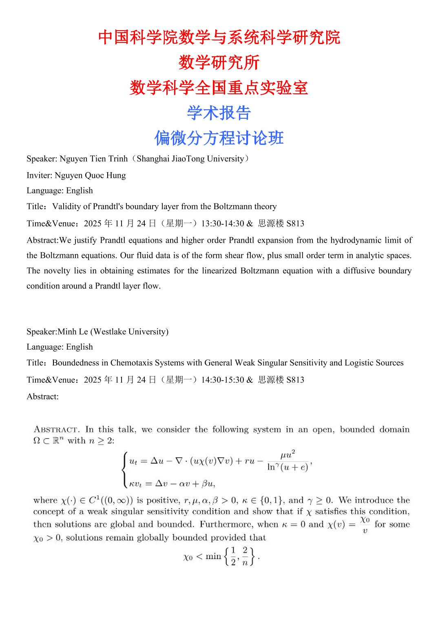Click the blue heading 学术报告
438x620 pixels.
coord(219,113)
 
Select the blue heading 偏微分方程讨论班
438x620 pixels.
coord(219,138)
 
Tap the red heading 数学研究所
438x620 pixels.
coord(219,63)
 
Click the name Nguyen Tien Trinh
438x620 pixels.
coord(93,159)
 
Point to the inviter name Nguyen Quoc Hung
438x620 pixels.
coord(90,175)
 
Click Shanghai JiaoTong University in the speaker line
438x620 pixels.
coord(190,159)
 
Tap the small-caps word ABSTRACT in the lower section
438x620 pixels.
coord(56,430)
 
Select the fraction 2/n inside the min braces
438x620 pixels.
coord(245,556)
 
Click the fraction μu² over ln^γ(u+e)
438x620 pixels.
coord(288,461)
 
